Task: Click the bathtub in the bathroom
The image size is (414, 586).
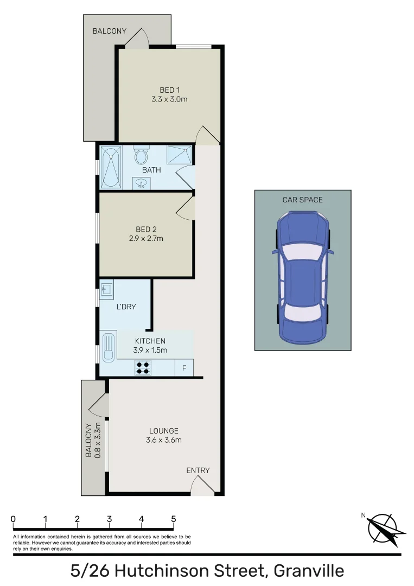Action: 110,167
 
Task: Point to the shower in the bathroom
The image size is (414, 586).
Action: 180,155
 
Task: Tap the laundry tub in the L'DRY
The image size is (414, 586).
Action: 106,288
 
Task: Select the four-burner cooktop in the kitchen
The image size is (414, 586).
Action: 143,368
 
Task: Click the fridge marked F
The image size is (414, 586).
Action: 184,368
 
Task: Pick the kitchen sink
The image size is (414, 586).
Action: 109,347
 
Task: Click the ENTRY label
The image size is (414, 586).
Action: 198,470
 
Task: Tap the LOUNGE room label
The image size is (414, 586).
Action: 163,431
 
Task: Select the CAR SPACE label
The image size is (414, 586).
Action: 302,200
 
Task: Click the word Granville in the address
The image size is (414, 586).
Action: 309,571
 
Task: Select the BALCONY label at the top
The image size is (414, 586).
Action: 109,31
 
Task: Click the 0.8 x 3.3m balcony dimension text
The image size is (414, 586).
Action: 98,440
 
